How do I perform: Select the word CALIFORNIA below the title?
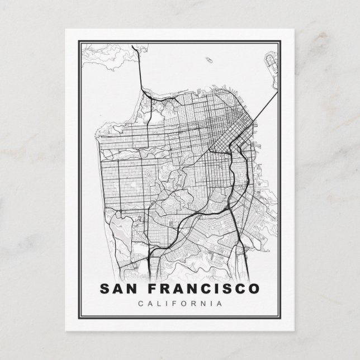point(179,304)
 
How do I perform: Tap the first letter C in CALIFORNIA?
point(139,304)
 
